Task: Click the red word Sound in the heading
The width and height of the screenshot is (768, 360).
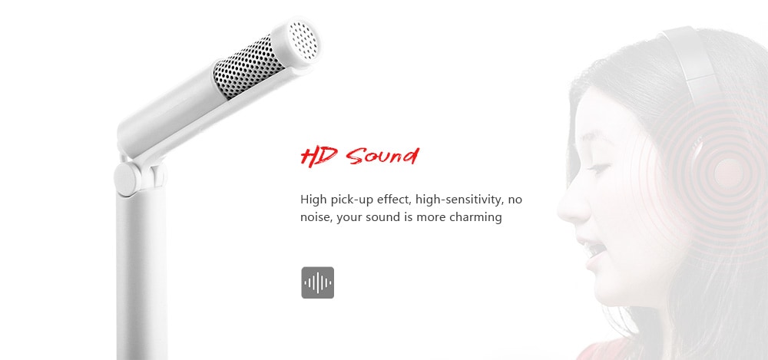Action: (x=382, y=157)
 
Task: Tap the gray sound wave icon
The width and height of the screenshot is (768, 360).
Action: (x=317, y=282)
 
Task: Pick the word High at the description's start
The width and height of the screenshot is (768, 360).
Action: (x=313, y=200)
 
